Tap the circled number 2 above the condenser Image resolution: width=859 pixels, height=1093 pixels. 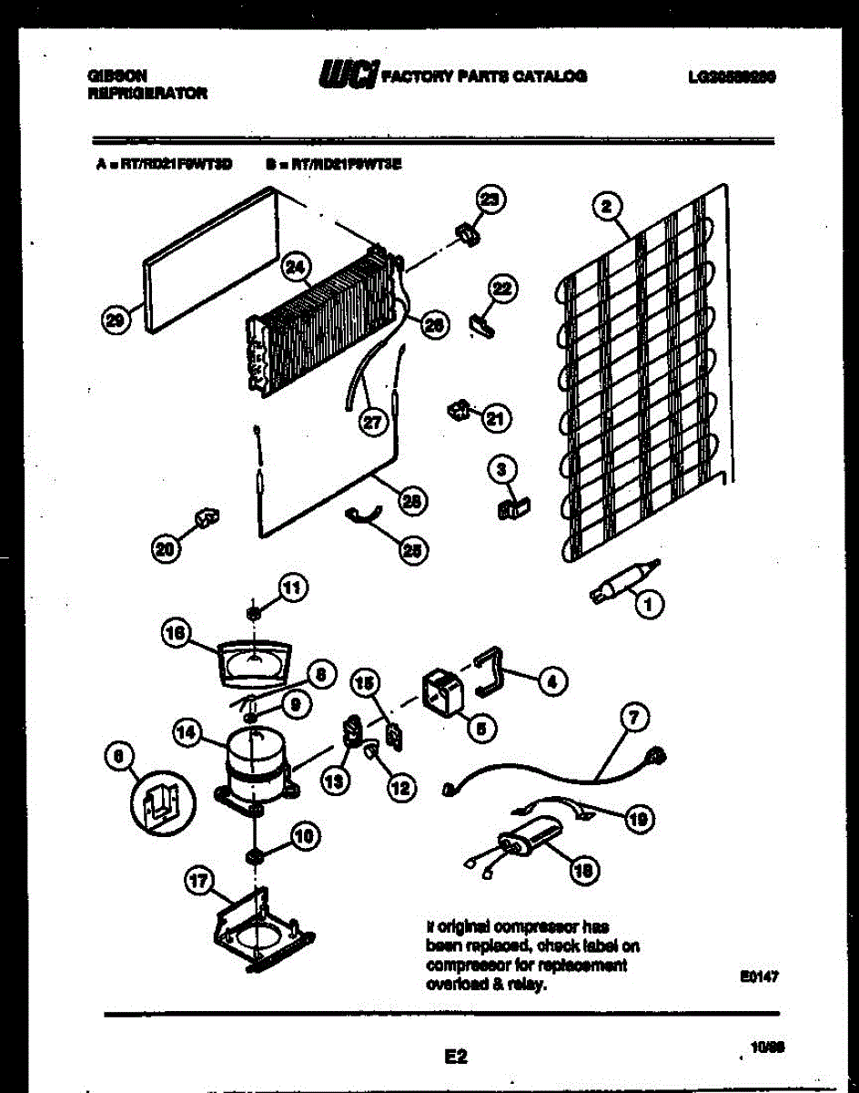(606, 207)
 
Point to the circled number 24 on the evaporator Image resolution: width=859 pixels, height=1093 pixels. (296, 267)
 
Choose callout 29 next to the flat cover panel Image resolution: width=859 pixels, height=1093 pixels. (114, 319)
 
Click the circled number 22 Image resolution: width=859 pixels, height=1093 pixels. (501, 289)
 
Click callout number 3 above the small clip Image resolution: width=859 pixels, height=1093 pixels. (500, 470)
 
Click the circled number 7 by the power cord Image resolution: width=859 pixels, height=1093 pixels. (635, 718)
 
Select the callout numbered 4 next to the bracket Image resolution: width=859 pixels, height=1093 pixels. (551, 679)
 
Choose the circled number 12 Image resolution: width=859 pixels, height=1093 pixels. (398, 788)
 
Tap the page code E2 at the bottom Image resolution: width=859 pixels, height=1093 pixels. (456, 1057)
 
